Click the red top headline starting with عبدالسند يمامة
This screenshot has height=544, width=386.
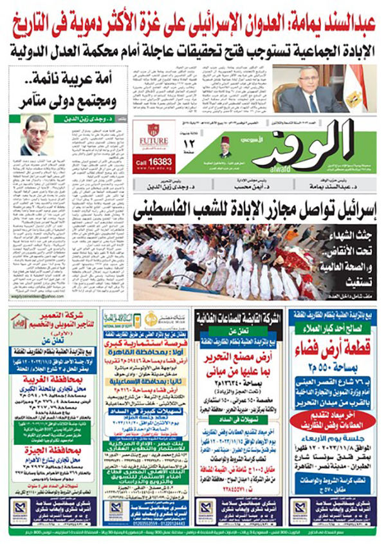pyautogui.click(x=193, y=24)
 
